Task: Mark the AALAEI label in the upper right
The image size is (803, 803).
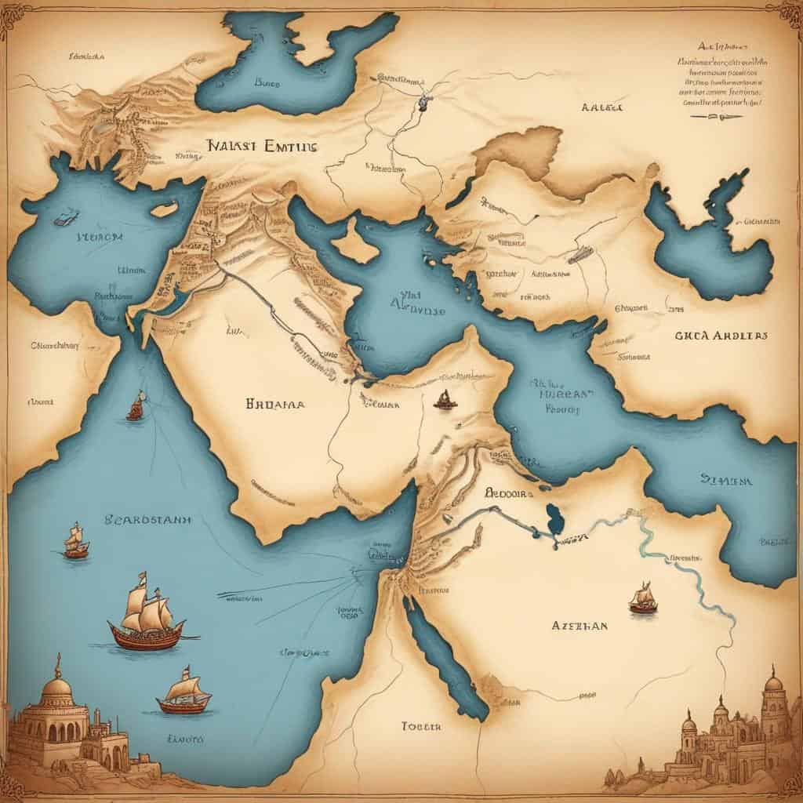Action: coord(602,107)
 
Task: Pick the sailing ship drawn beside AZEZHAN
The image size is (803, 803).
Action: coord(643,599)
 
